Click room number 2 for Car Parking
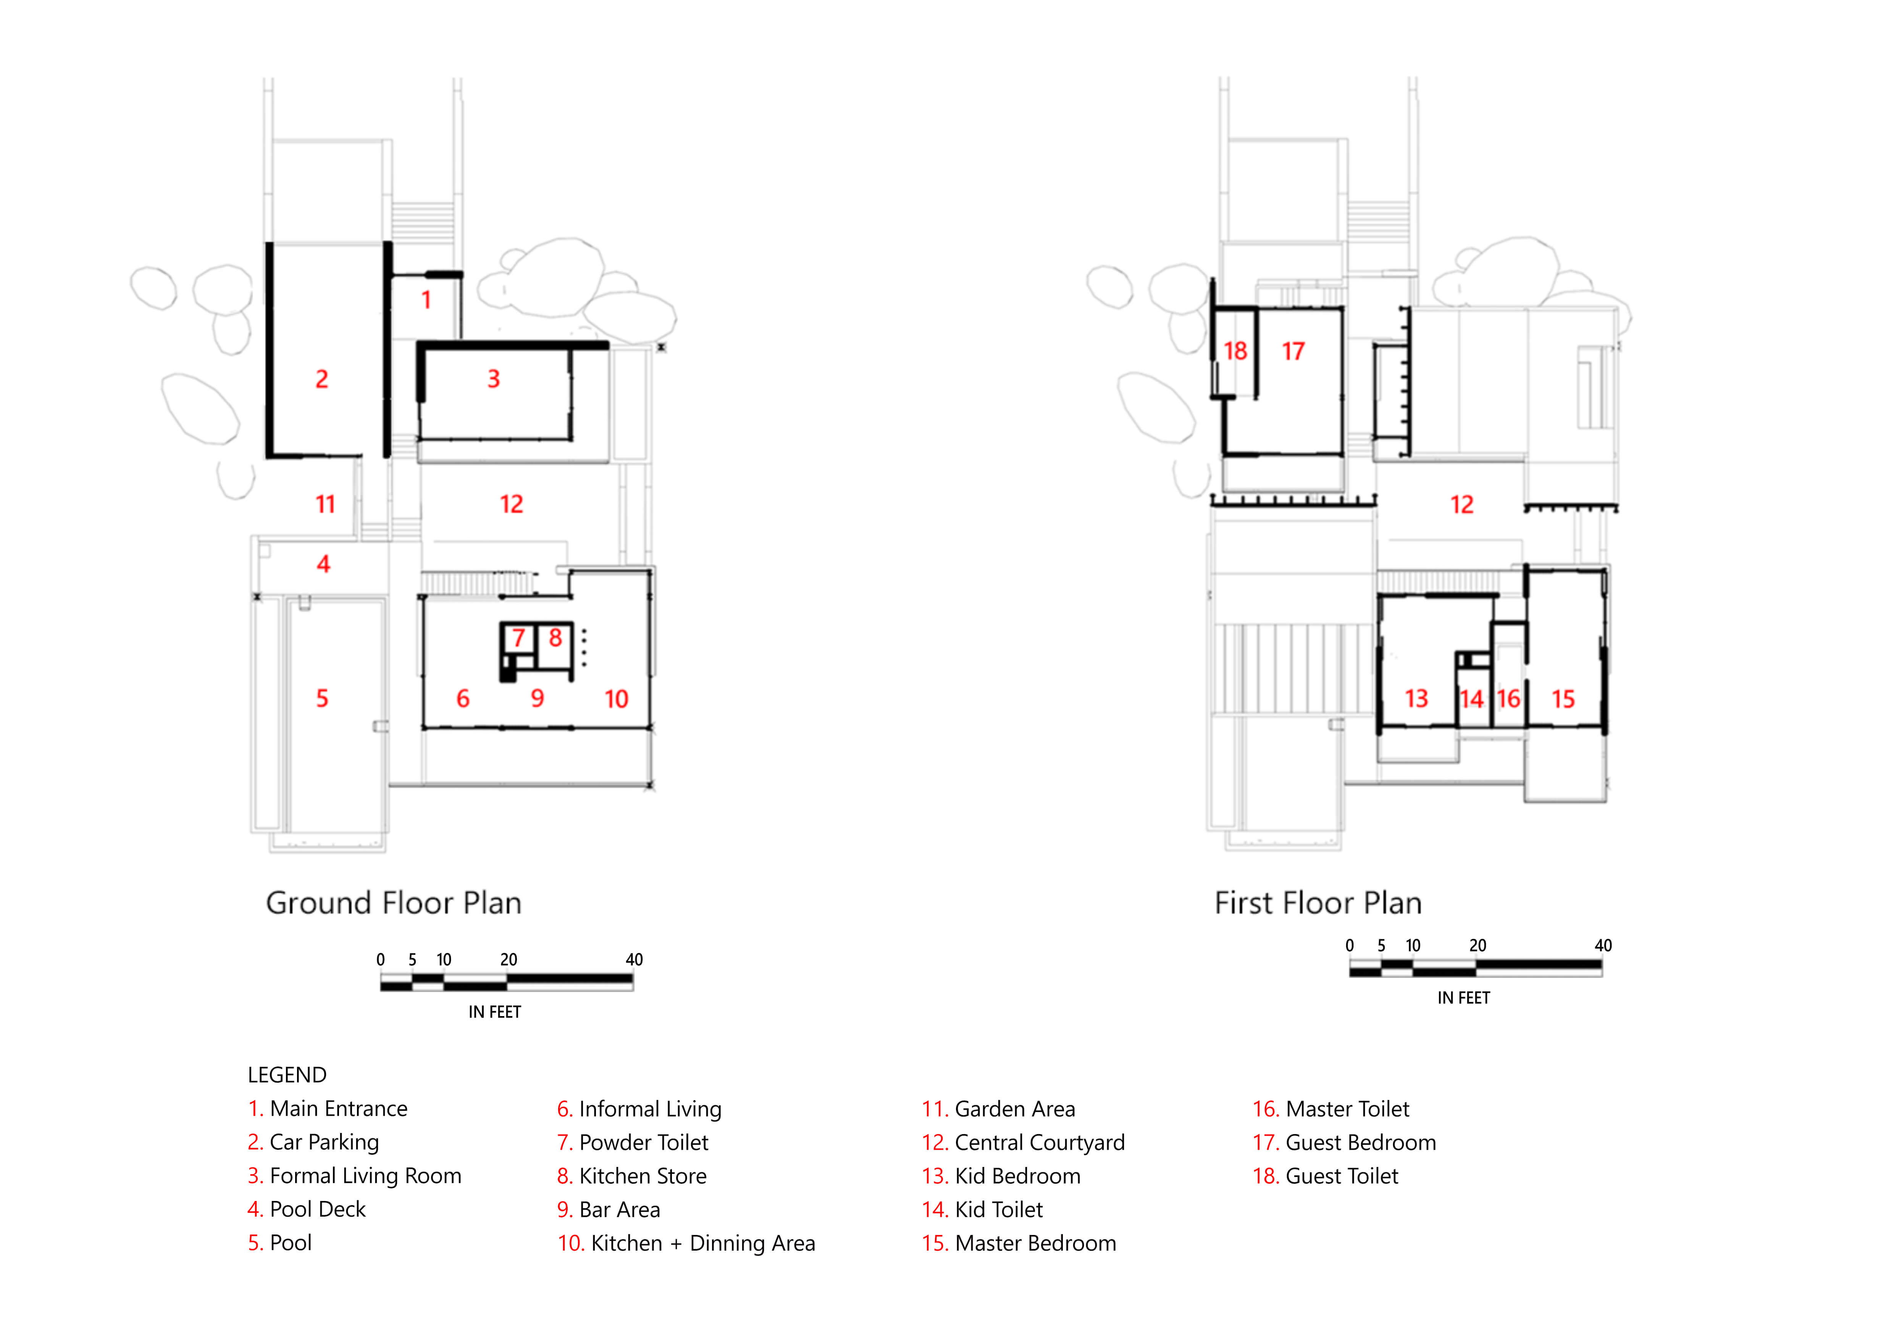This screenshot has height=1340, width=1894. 322,379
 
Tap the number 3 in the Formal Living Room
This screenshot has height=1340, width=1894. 493,379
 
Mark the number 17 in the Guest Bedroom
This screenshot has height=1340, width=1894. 1293,351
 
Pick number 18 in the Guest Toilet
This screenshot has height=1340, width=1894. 1235,351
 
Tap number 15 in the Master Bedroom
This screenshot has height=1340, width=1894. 1563,699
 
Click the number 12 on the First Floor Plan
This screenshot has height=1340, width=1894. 1462,504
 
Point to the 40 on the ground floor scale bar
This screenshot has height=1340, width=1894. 633,960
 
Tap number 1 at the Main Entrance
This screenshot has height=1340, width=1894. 426,299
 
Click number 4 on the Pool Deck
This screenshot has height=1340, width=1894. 323,565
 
